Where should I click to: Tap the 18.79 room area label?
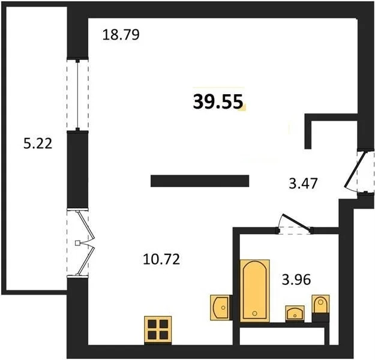(x=121, y=35)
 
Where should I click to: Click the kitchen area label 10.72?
(x=161, y=260)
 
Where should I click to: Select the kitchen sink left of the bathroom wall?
(x=221, y=305)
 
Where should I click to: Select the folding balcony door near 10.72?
(x=81, y=243)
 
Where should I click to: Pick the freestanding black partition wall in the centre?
(x=199, y=181)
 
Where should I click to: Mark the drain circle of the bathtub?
(x=255, y=313)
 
